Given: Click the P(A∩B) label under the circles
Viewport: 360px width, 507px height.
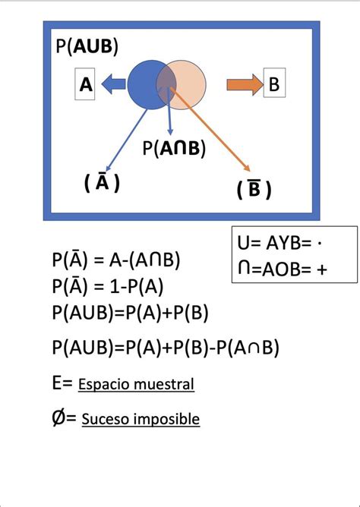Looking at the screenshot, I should (174, 149).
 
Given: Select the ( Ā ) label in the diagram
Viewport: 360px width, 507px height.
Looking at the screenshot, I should (101, 183).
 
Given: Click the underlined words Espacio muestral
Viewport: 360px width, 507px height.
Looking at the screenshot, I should (136, 385).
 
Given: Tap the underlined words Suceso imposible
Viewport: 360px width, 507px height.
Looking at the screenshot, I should (141, 418).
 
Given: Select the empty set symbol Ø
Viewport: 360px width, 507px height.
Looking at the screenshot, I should (60, 417).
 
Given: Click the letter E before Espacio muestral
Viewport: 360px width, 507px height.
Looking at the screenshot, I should (58, 384).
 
